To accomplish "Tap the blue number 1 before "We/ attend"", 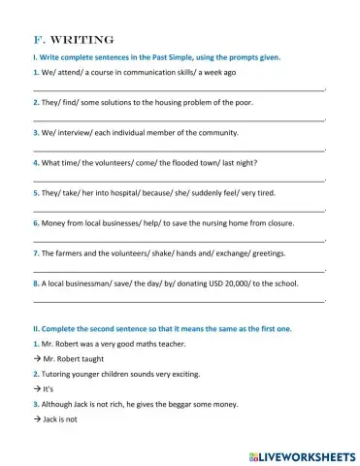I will coord(35,73).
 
